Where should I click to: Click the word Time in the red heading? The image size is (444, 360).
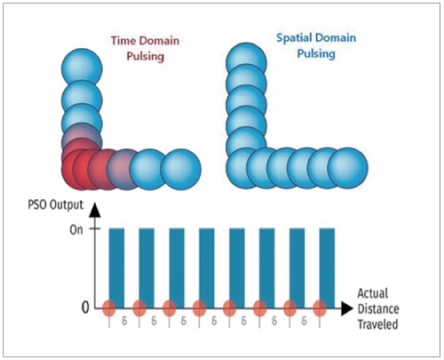point(123,41)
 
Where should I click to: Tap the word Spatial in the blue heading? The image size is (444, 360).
point(293,38)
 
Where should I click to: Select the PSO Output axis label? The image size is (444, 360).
point(56,205)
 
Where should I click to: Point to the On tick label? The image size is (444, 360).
point(76,229)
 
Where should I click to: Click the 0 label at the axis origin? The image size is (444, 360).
point(85,308)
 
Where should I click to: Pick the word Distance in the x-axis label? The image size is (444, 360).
point(378,308)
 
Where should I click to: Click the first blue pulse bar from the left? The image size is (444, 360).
point(116,268)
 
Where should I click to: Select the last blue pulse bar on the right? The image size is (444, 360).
point(327,268)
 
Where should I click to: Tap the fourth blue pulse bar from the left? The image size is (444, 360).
point(207,268)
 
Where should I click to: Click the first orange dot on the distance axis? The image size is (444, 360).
point(109,308)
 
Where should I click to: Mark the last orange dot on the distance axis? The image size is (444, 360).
point(320,308)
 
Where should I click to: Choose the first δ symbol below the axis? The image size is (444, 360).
point(124,321)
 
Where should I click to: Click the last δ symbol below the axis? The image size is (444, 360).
point(304,321)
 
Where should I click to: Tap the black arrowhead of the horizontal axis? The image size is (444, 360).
point(347,308)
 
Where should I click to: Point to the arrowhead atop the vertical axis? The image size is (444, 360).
point(95,210)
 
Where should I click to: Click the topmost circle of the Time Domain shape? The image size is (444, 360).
point(82,69)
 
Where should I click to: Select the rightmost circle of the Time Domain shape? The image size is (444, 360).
point(181,169)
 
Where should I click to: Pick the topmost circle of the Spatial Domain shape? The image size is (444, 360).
point(246,63)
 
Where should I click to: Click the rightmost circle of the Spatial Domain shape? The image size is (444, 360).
point(347,168)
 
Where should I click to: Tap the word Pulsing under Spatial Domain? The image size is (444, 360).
point(316,54)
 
